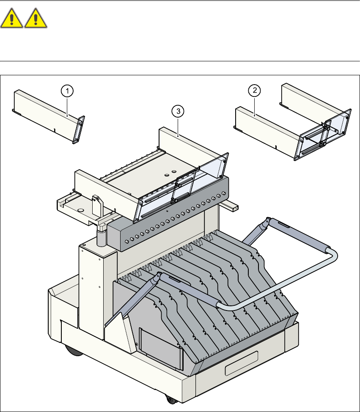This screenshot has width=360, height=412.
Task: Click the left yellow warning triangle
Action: (x=12, y=19)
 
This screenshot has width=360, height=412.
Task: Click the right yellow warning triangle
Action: (x=36, y=19)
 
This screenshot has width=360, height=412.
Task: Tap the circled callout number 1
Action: (x=67, y=90)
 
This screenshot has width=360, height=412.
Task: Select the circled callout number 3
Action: (x=178, y=111)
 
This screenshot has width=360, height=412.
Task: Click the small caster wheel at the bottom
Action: (x=170, y=400)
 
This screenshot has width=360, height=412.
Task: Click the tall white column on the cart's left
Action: (x=91, y=292)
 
